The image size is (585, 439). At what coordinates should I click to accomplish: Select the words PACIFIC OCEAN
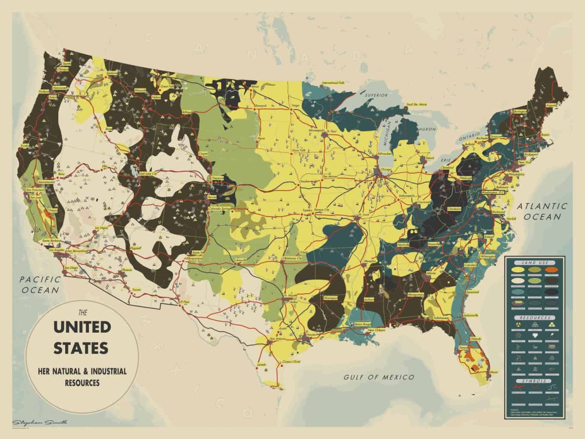click(39, 285)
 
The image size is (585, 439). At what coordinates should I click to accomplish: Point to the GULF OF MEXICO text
click(379, 377)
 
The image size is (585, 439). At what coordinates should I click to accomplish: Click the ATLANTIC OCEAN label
click(543, 211)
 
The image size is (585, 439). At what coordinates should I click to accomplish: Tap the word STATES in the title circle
click(81, 347)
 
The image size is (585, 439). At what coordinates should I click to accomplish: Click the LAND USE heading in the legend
click(535, 262)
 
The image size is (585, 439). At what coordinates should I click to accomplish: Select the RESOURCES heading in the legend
click(535, 317)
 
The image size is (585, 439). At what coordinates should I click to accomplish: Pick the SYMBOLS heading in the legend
click(535, 381)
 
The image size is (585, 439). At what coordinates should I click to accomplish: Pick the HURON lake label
click(427, 130)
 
